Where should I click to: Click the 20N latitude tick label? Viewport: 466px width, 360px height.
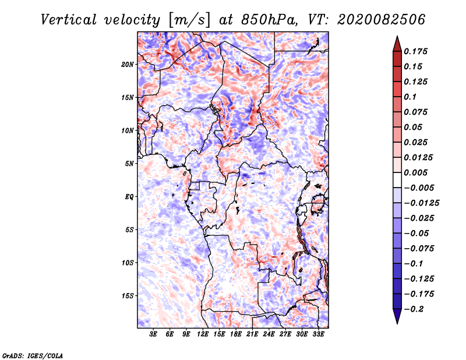(128, 65)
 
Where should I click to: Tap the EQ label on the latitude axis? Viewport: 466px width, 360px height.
(129, 197)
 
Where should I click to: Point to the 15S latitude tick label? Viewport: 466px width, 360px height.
(128, 296)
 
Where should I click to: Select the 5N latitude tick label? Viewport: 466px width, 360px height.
(129, 164)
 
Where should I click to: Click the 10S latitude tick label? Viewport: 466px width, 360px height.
(128, 263)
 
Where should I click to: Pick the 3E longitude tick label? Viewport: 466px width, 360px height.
(153, 334)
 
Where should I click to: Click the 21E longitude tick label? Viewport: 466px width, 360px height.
(252, 334)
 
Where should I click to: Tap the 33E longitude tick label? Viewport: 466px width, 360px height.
(318, 334)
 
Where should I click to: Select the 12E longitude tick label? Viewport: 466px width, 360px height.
(202, 334)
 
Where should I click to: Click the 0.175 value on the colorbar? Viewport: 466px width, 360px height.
(415, 51)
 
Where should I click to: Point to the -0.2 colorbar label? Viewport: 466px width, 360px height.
(414, 309)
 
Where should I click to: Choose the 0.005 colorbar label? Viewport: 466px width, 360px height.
(415, 172)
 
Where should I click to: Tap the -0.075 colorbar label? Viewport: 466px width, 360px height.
(419, 249)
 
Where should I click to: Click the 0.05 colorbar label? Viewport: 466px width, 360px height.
(413, 127)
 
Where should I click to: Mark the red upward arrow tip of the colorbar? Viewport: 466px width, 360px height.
(397, 36)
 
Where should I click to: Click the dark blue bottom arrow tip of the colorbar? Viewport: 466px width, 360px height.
(397, 323)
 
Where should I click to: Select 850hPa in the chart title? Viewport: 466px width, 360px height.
(269, 20)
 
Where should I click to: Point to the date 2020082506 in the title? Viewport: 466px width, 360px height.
(381, 20)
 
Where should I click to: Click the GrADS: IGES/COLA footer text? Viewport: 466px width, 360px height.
(33, 356)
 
